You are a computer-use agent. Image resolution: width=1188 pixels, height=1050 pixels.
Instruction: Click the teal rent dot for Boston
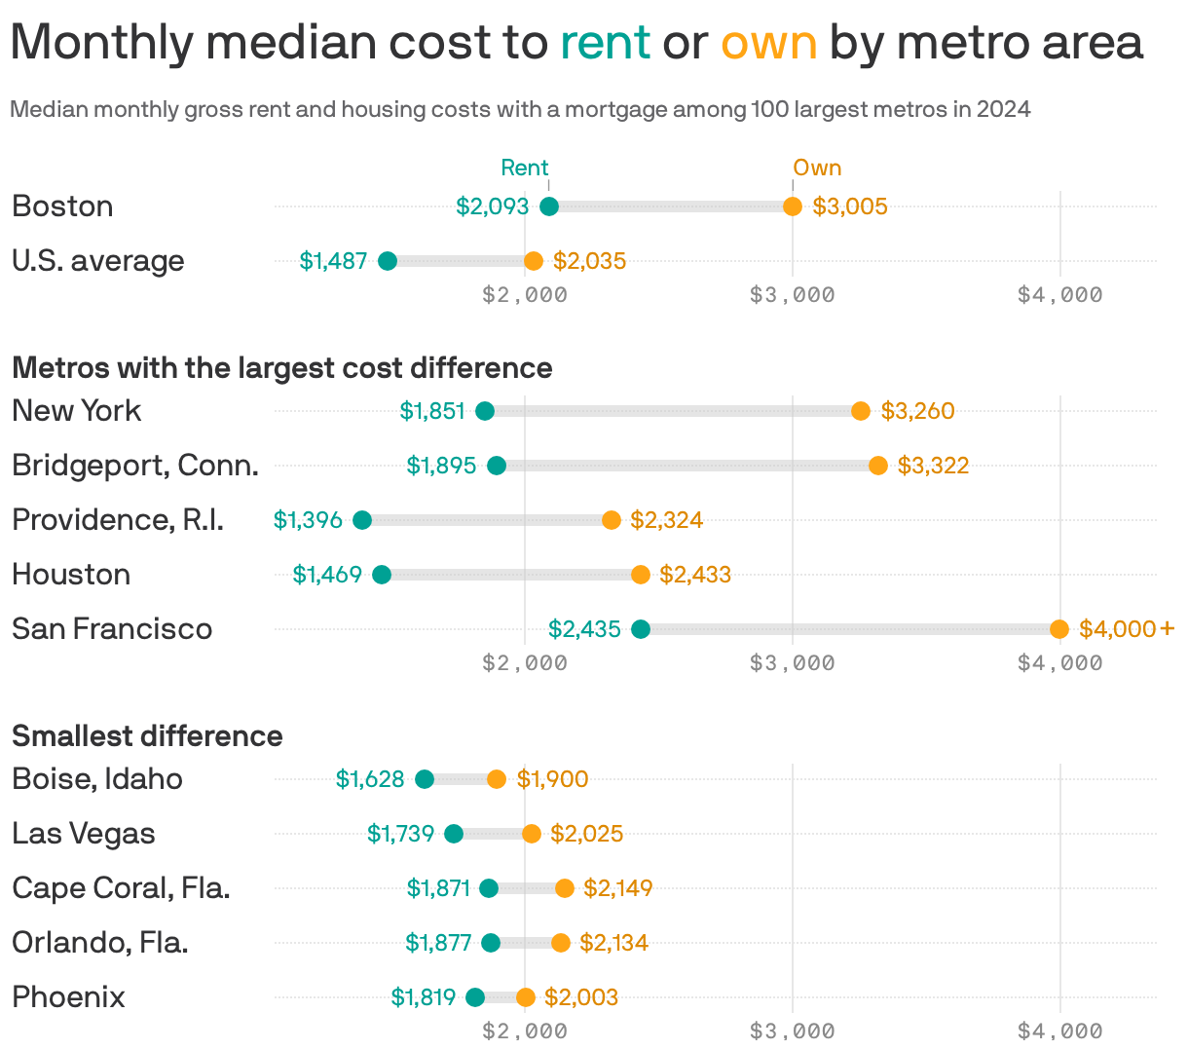(548, 206)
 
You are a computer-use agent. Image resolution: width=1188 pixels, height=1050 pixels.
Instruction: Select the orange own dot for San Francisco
(1059, 629)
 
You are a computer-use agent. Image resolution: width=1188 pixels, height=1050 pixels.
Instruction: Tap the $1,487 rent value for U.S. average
(333, 261)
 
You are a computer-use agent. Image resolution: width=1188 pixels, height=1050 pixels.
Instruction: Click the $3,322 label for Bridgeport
(933, 466)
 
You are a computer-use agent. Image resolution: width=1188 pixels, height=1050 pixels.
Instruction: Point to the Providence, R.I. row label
(118, 520)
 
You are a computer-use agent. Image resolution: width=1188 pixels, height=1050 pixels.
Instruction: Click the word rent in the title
(605, 43)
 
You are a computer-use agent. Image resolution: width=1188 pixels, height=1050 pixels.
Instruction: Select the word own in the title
(768, 43)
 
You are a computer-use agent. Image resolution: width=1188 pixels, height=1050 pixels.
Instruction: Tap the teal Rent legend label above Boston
(524, 168)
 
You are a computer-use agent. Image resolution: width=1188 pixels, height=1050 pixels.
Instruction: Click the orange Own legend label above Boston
(817, 168)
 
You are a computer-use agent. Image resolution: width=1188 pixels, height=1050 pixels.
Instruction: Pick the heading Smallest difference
(147, 735)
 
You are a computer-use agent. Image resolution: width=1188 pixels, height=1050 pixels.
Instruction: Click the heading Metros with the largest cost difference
(281, 367)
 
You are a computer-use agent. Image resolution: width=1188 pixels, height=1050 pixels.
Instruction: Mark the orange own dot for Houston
(640, 575)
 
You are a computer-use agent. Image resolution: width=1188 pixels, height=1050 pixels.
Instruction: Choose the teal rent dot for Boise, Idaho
(425, 779)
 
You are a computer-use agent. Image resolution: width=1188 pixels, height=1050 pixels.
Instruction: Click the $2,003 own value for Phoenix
(580, 997)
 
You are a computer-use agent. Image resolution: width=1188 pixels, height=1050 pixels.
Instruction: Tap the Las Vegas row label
(84, 834)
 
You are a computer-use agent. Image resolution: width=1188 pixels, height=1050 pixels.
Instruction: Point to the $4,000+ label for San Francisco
(1127, 629)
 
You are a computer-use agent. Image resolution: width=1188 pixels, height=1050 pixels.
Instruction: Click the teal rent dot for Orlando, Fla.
(491, 943)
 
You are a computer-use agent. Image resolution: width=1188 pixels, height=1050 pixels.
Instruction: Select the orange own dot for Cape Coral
(565, 888)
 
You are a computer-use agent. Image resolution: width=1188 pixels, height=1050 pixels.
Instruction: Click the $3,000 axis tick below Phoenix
(792, 1031)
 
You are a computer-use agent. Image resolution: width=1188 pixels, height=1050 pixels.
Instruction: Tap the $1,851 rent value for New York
(432, 411)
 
